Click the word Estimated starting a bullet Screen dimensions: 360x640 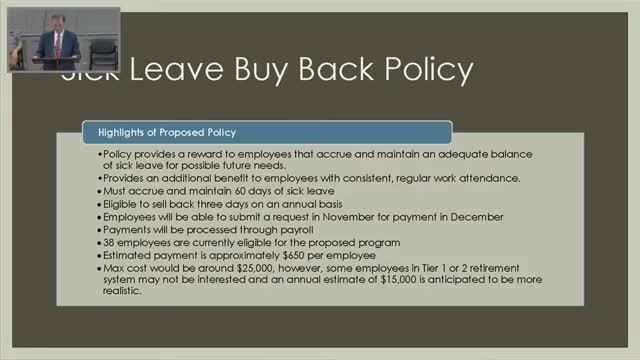point(129,255)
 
